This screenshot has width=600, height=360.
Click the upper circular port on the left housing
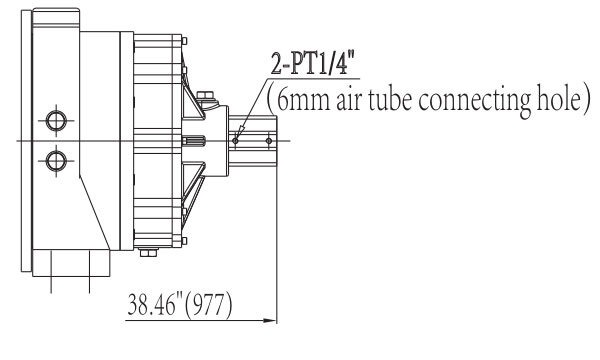[56, 121]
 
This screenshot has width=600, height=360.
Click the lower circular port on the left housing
[56, 161]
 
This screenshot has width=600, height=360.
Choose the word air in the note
[349, 100]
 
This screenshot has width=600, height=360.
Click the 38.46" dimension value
[155, 305]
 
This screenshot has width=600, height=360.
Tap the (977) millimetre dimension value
[209, 305]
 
